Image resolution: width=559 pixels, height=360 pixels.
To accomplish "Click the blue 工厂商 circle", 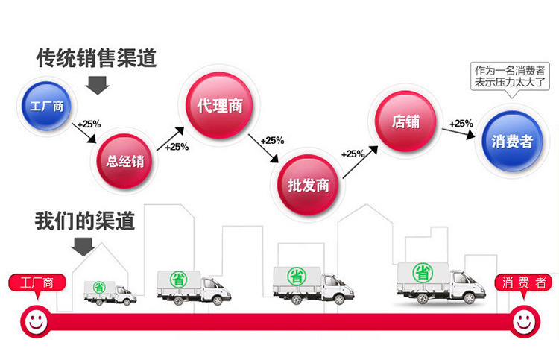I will coord(47,105).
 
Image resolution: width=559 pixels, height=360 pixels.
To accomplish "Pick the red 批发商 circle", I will coord(308,184).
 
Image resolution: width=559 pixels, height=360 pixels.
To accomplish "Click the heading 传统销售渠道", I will coord(97,57).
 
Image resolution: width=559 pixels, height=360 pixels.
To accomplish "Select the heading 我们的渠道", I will coord(84,221).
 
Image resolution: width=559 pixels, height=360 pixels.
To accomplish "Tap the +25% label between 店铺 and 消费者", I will coord(461,123).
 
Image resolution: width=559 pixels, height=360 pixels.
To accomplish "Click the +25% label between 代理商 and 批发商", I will coord(272,140).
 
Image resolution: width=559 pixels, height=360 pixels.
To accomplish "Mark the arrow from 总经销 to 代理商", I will coord(173,128).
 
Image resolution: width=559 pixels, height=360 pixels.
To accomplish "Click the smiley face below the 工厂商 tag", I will coord(34,321).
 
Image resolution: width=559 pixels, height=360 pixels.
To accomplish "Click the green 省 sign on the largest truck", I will coord(423,272).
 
